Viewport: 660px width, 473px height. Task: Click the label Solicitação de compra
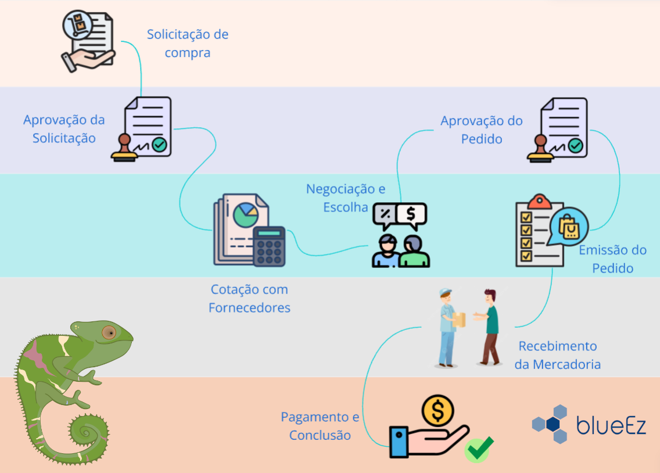(x=187, y=43)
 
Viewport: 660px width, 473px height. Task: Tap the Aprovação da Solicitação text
(x=64, y=129)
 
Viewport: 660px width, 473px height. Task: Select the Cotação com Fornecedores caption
(x=249, y=298)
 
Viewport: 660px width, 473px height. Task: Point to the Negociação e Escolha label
(x=346, y=198)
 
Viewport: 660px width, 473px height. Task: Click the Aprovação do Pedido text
(x=482, y=130)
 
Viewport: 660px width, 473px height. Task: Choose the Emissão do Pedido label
(x=612, y=259)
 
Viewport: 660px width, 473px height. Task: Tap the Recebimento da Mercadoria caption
(x=558, y=355)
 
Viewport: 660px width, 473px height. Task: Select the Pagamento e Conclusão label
(x=320, y=425)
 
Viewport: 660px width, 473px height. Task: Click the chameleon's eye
(x=108, y=332)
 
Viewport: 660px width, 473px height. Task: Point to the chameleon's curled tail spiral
(x=87, y=432)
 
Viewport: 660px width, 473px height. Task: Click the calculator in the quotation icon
(x=269, y=246)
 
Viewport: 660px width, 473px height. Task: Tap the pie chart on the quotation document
(x=246, y=216)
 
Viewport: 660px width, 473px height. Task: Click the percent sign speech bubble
(x=385, y=214)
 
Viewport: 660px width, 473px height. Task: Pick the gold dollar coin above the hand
(x=438, y=410)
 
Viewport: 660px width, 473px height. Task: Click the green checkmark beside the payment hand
(x=479, y=449)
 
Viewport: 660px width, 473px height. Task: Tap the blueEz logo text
(x=611, y=425)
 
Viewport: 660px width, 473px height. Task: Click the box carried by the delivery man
(x=459, y=319)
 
